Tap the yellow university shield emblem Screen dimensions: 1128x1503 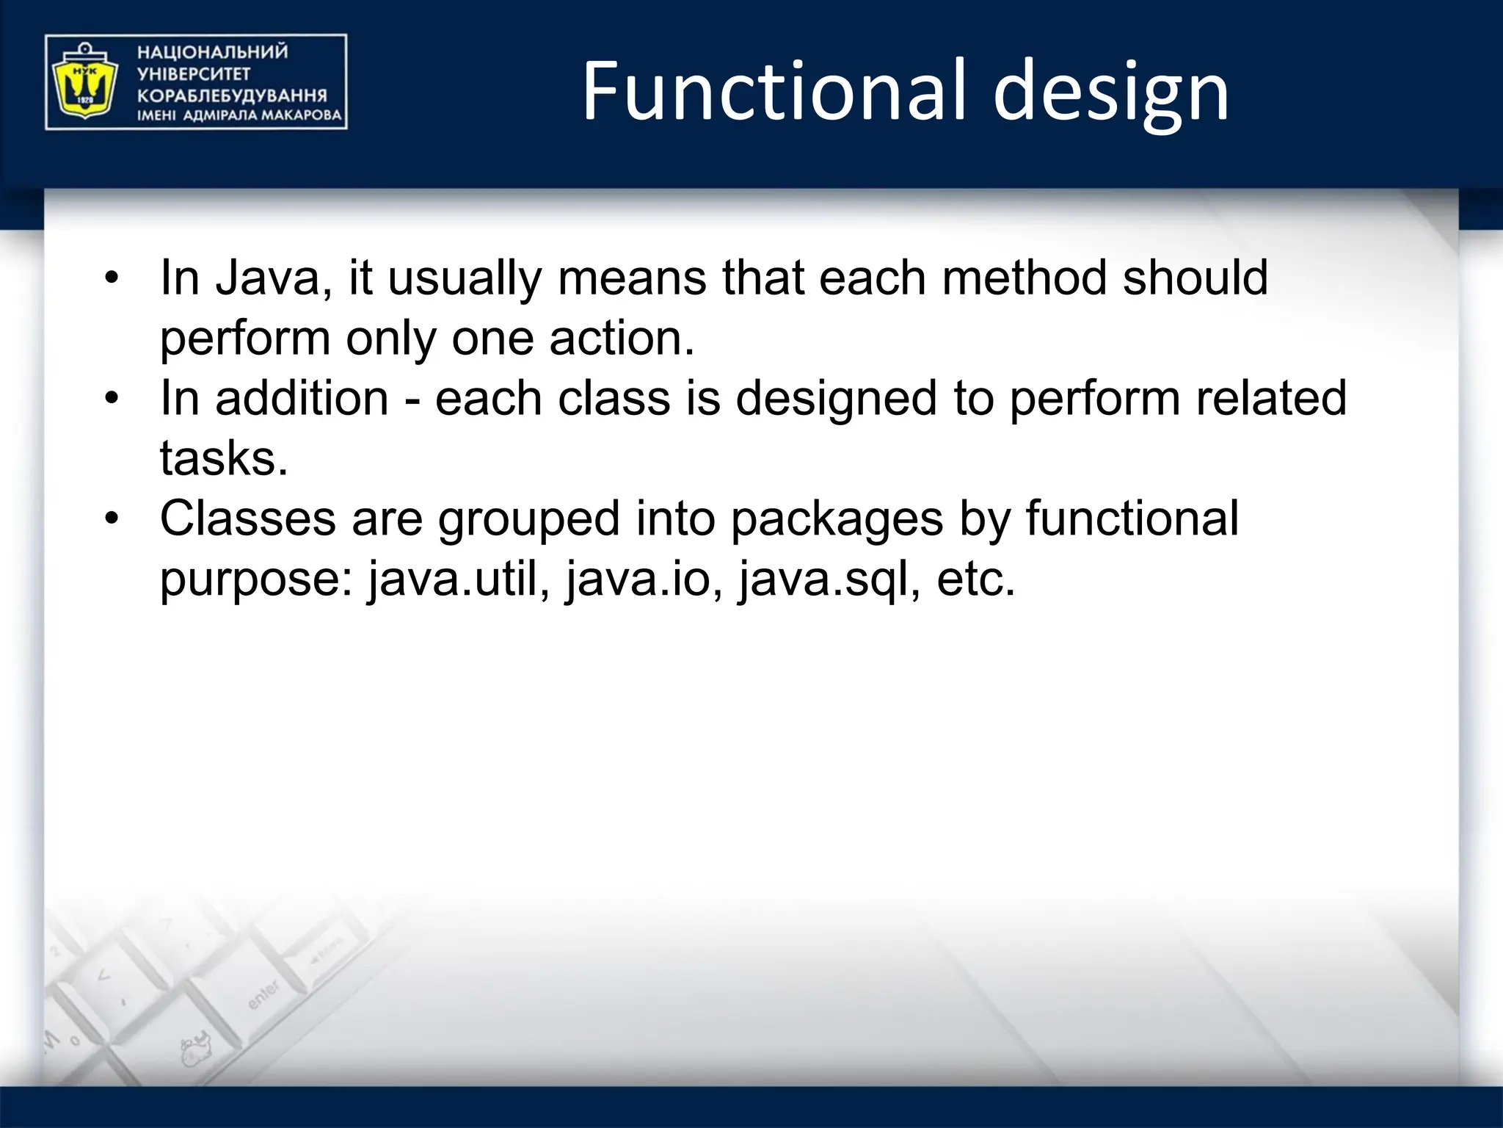82,82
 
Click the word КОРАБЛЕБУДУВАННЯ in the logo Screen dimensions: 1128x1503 232,95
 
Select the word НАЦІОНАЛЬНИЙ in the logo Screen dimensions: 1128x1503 212,52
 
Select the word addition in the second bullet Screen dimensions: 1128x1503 302,399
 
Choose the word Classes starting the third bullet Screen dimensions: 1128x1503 247,519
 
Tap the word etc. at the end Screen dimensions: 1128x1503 975,579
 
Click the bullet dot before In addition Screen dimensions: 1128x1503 111,399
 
